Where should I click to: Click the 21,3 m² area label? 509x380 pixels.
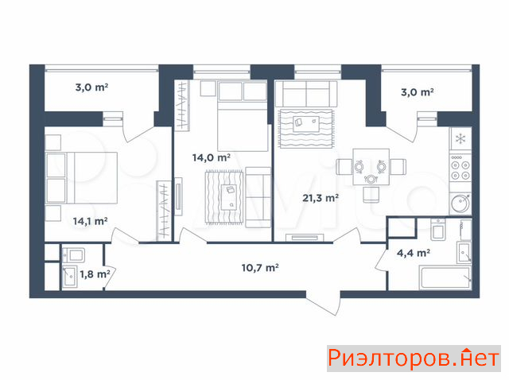[321, 198]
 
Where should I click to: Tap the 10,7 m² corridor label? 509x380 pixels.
[260, 268]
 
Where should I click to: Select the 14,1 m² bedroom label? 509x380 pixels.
[90, 221]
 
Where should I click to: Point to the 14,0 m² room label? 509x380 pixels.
[212, 157]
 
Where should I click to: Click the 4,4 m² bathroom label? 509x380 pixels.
[414, 253]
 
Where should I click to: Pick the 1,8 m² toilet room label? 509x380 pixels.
[95, 274]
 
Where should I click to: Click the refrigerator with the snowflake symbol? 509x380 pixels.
[460, 138]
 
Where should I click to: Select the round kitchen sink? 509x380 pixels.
[460, 204]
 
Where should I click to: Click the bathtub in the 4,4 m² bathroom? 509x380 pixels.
[445, 277]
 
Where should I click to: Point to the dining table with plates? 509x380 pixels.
[371, 167]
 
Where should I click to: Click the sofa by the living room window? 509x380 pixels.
[306, 94]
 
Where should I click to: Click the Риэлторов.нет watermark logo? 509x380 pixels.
[414, 359]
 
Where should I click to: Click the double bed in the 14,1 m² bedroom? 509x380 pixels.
[81, 177]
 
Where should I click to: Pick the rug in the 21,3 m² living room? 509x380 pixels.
[306, 129]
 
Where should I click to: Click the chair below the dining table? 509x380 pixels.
[371, 195]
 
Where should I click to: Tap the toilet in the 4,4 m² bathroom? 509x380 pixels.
[438, 230]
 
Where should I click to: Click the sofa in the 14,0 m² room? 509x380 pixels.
[258, 197]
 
